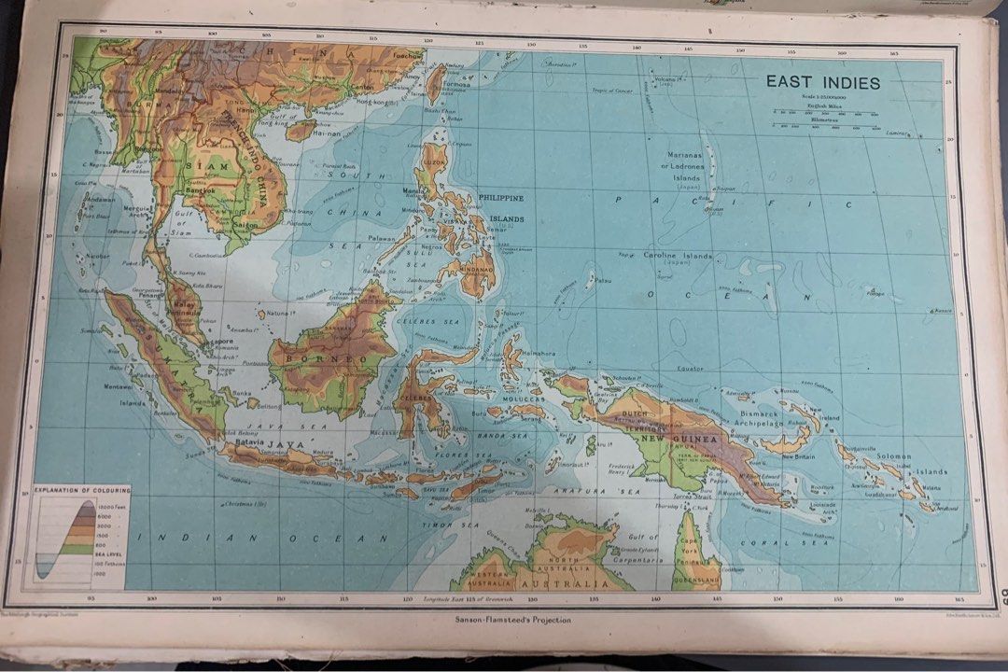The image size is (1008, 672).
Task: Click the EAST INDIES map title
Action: click(822, 82)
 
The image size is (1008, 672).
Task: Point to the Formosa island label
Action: click(457, 83)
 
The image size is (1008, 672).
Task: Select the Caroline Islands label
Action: click(678, 256)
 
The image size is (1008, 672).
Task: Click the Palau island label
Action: click(604, 279)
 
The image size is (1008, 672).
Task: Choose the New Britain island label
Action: click(798, 456)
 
